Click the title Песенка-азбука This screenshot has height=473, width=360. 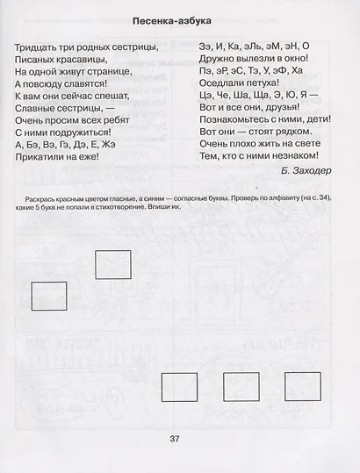(179, 19)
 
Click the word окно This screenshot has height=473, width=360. (284, 60)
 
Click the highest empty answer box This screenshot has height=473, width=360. (112, 263)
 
